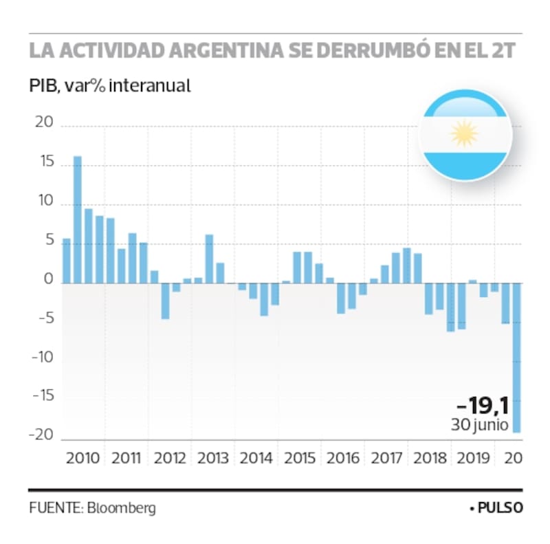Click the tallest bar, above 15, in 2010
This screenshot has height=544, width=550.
pyautogui.click(x=78, y=220)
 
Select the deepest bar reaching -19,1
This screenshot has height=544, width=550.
pyautogui.click(x=516, y=358)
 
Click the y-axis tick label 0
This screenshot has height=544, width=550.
pyautogui.click(x=47, y=281)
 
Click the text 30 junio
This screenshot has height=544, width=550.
pyautogui.click(x=481, y=424)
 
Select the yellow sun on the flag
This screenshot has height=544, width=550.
pyautogui.click(x=465, y=133)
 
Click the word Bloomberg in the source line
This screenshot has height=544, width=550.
pyautogui.click(x=121, y=508)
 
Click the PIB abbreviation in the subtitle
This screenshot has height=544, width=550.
pyautogui.click(x=42, y=86)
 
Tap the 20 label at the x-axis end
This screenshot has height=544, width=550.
pyautogui.click(x=514, y=458)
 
